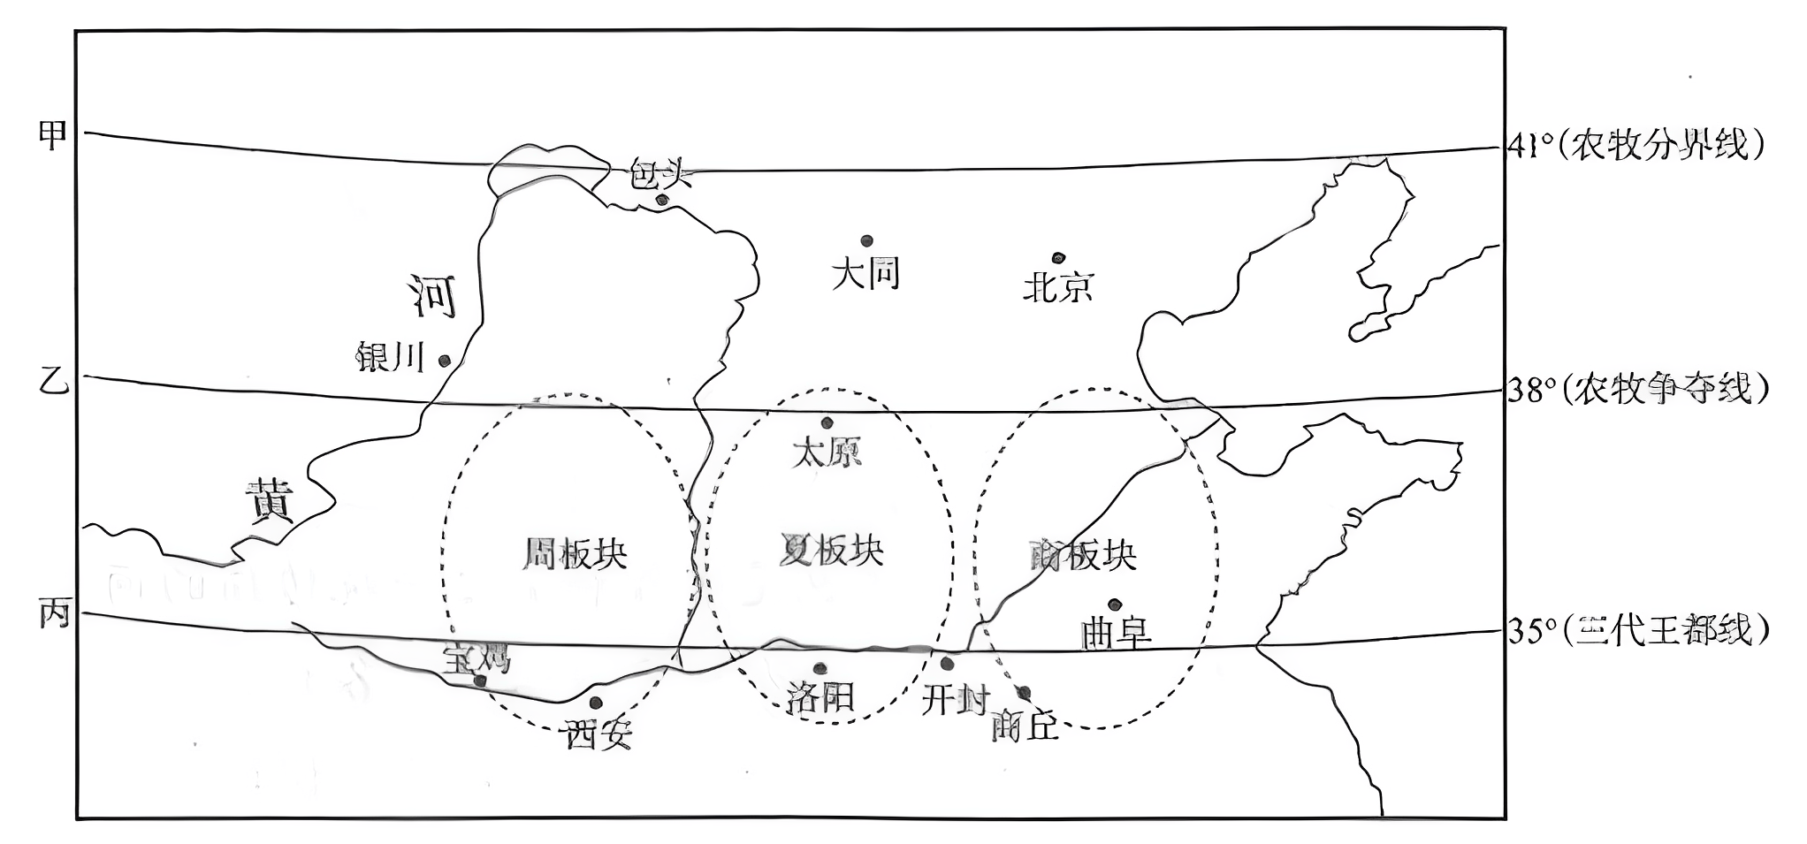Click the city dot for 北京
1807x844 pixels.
point(1058,258)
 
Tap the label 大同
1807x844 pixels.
point(865,274)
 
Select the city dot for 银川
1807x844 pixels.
point(445,361)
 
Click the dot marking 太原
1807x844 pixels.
point(827,422)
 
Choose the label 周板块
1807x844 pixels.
point(575,553)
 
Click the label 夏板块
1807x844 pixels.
point(832,551)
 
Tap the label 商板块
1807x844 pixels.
point(1083,555)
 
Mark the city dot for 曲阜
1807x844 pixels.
point(1114,604)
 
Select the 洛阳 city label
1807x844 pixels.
point(820,699)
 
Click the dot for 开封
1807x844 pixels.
point(947,664)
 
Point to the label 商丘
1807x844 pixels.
point(1025,726)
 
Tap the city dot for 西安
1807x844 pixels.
point(596,703)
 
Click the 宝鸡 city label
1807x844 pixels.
point(477,658)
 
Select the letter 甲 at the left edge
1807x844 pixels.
point(53,135)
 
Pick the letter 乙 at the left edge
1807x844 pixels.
point(53,381)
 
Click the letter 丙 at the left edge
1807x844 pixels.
point(54,612)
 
